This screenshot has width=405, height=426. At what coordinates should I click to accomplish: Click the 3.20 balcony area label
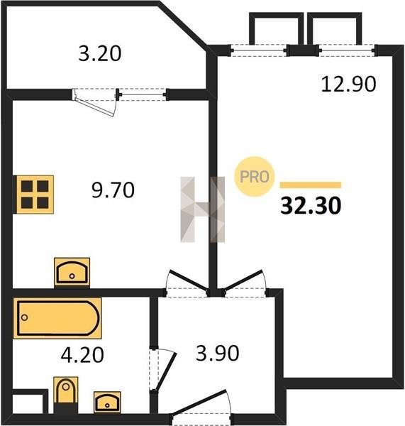pos(99,53)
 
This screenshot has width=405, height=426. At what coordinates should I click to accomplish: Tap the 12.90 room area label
pos(348,84)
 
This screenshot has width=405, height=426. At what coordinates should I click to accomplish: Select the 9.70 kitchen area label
pos(113,190)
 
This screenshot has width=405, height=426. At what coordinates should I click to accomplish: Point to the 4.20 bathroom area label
pos(82,355)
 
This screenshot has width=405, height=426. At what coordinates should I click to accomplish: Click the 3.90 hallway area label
pos(218,353)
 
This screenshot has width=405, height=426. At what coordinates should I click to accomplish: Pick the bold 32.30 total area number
pos(311,206)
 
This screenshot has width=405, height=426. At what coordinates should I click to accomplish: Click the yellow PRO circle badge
pos(255,177)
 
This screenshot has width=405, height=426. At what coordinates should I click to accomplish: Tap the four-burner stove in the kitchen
pos(34,195)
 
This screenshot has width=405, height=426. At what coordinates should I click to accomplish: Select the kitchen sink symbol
pos(72,272)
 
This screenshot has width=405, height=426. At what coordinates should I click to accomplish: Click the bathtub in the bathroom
pos(57,318)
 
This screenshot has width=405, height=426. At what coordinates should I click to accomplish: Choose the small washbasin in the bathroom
pos(107,402)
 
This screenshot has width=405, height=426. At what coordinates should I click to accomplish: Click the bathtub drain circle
pos(24,317)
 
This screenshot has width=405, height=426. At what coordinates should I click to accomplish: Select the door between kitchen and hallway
pos(187,283)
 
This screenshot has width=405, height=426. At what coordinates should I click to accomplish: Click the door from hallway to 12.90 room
pos(244,283)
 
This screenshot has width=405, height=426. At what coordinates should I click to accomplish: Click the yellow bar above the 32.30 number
pos(311,185)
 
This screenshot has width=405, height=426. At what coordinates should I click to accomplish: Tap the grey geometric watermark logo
pos(203,209)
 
